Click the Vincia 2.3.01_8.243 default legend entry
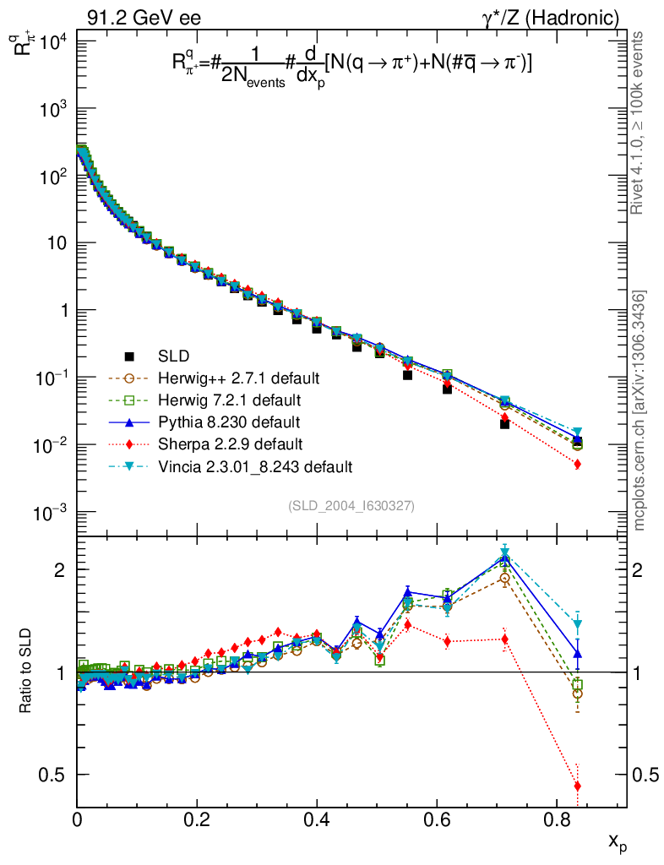click(x=254, y=466)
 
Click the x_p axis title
click(x=617, y=841)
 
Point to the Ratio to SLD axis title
click(x=28, y=672)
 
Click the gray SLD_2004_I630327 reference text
click(x=351, y=506)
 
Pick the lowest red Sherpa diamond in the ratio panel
click(x=577, y=786)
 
